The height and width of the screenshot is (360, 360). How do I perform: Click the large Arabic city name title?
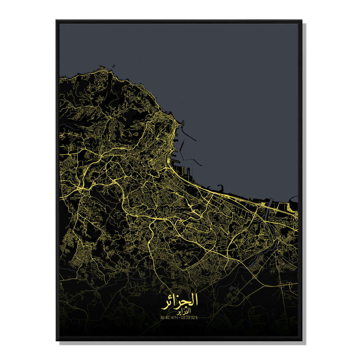point(182,301)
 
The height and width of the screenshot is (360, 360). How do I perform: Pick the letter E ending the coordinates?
point(198,317)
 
